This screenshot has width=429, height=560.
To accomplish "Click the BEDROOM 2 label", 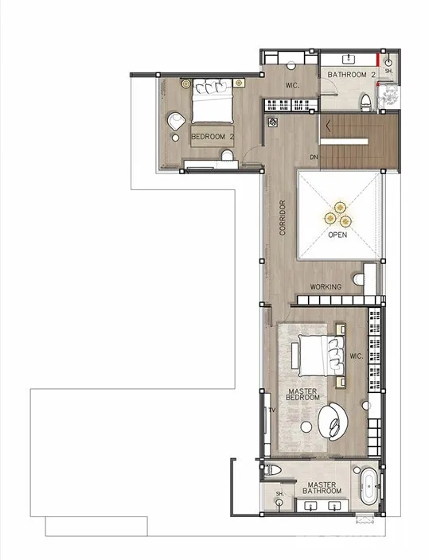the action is click(213, 137).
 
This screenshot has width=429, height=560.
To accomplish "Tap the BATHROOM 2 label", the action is click(352, 75).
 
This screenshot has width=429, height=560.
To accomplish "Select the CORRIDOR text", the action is click(283, 217).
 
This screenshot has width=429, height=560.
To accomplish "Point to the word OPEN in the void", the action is click(337, 235).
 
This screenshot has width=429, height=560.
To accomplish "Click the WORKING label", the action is click(326, 287).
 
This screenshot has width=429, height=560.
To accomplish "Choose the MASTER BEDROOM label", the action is click(302, 395).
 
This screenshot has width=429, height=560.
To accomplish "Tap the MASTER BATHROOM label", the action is click(322, 488).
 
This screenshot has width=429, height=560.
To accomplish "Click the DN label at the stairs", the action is click(314, 157).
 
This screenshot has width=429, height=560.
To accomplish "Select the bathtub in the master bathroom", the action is click(369, 487).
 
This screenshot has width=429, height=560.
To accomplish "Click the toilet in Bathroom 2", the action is click(365, 101).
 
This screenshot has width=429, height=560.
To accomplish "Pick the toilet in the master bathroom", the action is click(273, 470).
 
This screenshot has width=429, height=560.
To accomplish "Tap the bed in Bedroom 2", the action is click(213, 101).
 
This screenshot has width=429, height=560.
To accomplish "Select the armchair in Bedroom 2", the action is click(177, 121).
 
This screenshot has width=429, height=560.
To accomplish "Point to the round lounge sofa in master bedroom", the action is click(333, 421).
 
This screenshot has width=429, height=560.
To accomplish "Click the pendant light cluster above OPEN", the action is click(337, 215).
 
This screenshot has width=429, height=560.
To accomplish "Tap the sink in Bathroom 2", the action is click(349, 60).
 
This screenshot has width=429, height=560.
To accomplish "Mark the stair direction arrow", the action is click(328, 126).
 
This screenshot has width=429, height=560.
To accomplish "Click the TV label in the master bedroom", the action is click(272, 410).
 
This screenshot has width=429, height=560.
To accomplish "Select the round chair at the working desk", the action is click(359, 279).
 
